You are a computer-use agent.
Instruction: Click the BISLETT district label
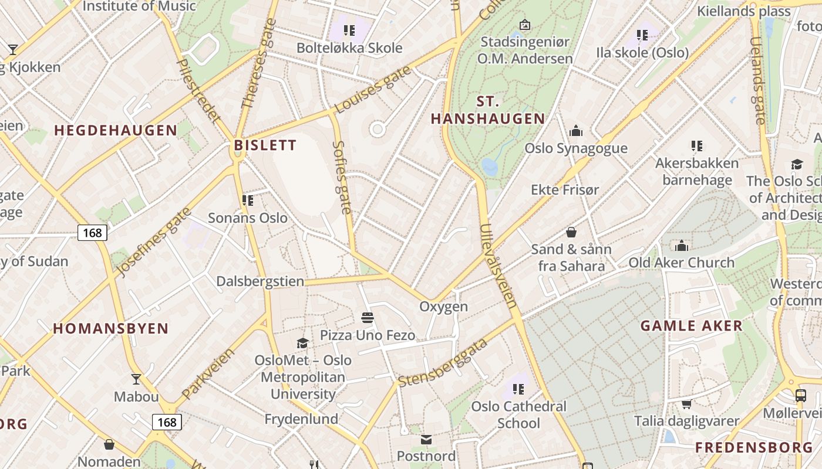(265, 145)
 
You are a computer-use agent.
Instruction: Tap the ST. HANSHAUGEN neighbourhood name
(488, 110)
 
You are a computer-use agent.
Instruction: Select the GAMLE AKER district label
(691, 326)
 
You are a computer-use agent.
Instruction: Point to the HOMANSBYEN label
(111, 328)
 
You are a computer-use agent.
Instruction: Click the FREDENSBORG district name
(754, 448)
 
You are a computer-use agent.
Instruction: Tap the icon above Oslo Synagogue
(576, 131)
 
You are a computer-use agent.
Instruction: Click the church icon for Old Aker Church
(682, 245)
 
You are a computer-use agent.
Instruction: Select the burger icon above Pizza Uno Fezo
(368, 318)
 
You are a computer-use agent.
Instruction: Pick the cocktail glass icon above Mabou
(136, 379)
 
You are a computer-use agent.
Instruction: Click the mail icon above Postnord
(426, 439)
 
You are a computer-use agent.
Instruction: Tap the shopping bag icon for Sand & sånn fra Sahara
(571, 232)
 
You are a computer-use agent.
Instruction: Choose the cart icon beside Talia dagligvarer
(686, 404)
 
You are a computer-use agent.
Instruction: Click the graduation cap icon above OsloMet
(303, 343)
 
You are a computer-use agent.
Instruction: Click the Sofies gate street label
(342, 177)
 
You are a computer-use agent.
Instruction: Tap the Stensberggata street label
(443, 363)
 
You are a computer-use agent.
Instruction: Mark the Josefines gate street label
(154, 242)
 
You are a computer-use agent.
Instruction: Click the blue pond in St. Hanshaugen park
(490, 167)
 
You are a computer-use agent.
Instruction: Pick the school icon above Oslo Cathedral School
(518, 389)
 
